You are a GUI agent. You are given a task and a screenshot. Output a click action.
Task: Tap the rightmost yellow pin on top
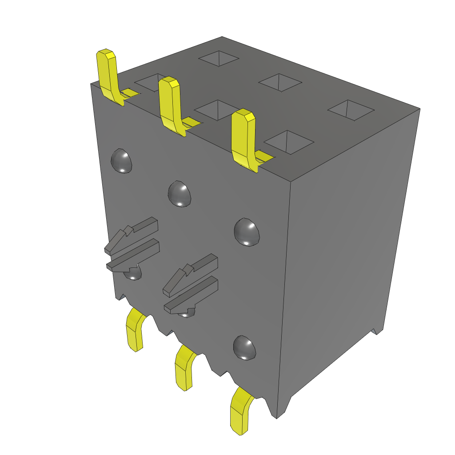243,138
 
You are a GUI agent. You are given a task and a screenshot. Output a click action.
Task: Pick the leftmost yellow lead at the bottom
135,331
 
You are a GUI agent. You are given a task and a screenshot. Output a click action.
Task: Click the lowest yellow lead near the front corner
240,411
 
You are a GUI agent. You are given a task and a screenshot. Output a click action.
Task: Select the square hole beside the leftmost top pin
149,82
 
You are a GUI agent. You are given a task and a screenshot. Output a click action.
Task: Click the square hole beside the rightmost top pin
289,142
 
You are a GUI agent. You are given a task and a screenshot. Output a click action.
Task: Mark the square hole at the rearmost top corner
219,58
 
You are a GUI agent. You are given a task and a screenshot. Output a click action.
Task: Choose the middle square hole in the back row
280,82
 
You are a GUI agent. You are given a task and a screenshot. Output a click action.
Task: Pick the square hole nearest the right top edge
351,110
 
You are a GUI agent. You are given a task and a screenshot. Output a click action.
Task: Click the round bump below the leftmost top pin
121,161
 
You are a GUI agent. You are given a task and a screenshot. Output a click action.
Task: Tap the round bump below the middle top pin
180,194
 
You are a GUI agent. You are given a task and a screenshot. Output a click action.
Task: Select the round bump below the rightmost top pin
247,231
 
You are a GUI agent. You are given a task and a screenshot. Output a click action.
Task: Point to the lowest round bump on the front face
245,347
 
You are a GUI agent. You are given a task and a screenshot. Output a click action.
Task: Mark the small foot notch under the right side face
377,331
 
